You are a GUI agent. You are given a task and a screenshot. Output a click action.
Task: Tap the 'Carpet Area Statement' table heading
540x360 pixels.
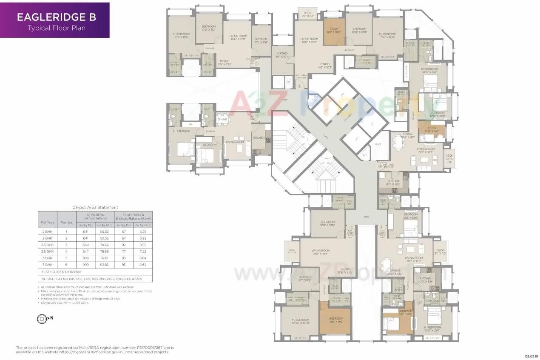(x=95, y=207)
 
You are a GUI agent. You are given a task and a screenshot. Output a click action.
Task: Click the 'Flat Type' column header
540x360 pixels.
(x=48, y=222)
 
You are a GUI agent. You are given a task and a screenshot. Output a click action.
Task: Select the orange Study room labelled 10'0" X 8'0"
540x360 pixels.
(x=432, y=130)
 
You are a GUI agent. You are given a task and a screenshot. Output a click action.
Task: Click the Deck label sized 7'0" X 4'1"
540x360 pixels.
(x=307, y=14)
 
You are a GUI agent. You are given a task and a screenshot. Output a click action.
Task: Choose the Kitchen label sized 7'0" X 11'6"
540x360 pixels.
(x=261, y=40)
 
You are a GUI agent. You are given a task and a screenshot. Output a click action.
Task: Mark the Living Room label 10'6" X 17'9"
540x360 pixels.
(x=238, y=38)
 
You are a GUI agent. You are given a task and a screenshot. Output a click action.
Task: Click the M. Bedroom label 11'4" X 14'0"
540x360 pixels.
(x=388, y=36)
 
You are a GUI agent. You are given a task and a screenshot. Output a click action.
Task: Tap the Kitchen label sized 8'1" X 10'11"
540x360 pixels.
(x=282, y=55)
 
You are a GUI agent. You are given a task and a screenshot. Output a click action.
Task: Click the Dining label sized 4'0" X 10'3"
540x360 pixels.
(x=325, y=66)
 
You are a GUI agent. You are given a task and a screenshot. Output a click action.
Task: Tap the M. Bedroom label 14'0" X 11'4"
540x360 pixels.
(x=429, y=71)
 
